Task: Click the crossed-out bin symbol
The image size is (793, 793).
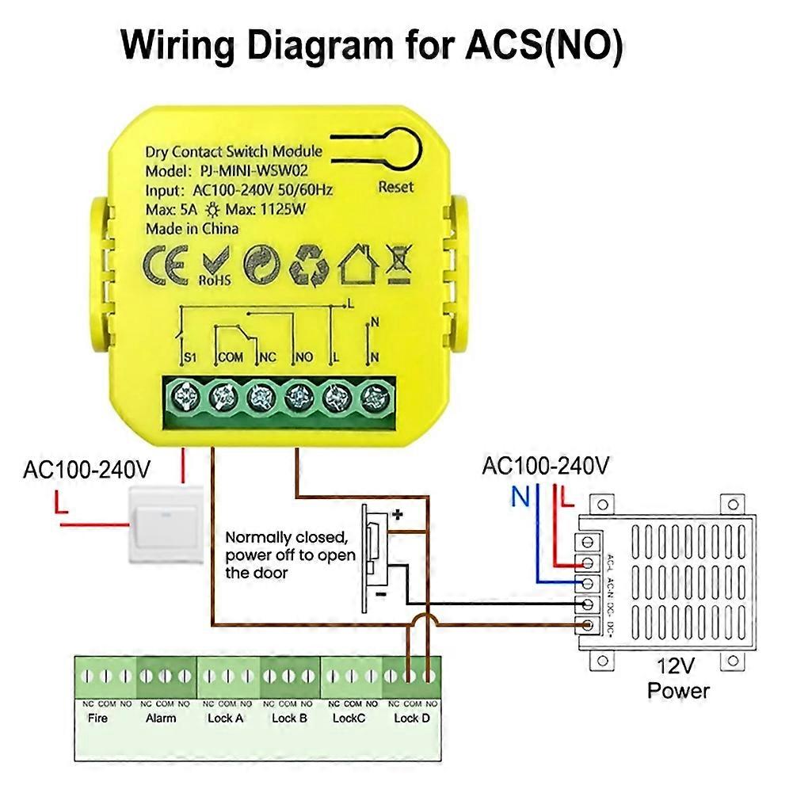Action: click(x=401, y=263)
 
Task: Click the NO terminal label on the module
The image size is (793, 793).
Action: click(x=304, y=357)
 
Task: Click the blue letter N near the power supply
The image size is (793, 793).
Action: click(x=520, y=498)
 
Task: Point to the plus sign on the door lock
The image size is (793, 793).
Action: click(x=398, y=515)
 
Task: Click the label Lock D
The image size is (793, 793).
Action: click(x=411, y=718)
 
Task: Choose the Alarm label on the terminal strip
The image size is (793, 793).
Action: click(x=161, y=718)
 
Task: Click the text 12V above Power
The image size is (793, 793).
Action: click(x=679, y=667)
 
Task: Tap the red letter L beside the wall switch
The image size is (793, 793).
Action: click(x=61, y=502)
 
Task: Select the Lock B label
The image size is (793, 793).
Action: click(x=289, y=718)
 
